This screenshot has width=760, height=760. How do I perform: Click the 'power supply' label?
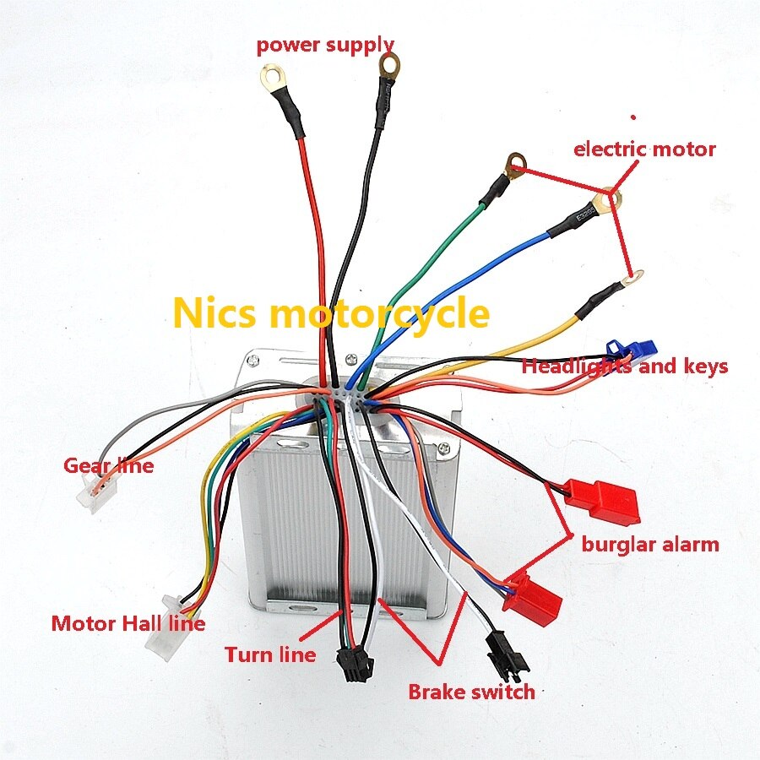point(325,45)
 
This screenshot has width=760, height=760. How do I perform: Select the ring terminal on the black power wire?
point(389,65)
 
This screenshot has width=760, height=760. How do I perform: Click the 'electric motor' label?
point(644,149)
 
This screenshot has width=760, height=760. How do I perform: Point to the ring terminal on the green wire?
point(515,165)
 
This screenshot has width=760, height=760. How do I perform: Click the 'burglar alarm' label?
point(650,545)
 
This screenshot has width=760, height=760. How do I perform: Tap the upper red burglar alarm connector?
point(604,502)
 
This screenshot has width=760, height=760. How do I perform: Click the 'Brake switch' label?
point(471,692)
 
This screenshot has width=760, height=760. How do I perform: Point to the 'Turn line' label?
point(270,654)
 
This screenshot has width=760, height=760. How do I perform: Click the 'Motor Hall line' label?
point(128,623)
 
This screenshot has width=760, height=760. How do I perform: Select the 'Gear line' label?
point(109,466)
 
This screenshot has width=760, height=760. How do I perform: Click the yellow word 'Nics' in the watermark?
point(214,313)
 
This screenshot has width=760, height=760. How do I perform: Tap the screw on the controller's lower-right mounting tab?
point(443,450)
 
